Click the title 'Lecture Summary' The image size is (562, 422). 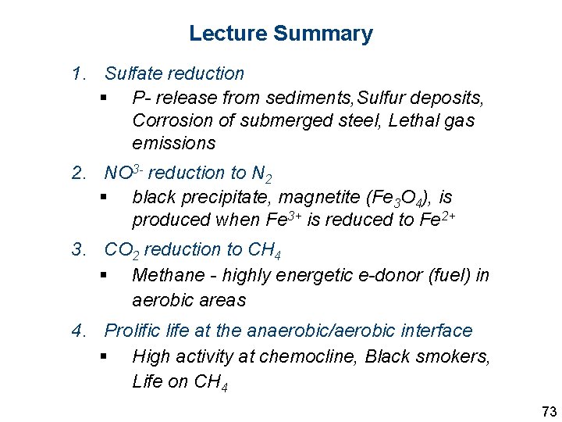pos(281,34)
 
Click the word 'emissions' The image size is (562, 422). pos(174,144)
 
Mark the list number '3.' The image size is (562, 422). pos(78,250)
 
